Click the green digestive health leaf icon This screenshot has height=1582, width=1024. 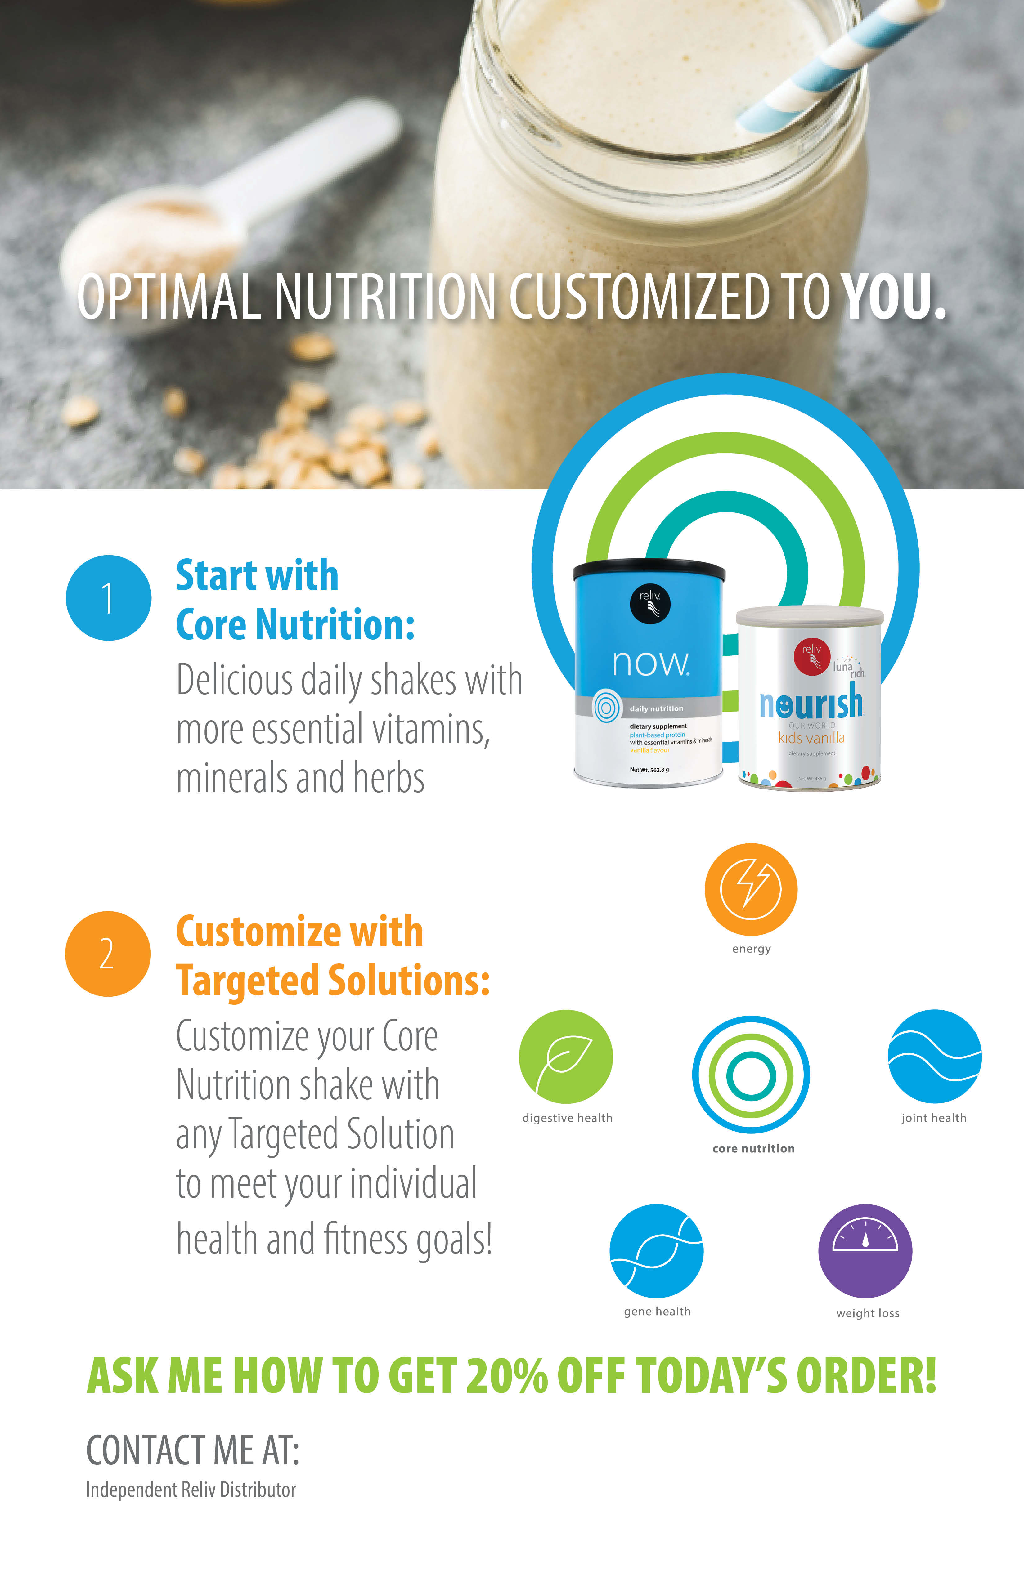pyautogui.click(x=566, y=1057)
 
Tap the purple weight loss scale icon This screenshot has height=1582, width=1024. pyautogui.click(x=865, y=1251)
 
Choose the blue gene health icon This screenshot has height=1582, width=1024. pyautogui.click(x=656, y=1251)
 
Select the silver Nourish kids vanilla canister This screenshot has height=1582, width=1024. pyautogui.click(x=810, y=698)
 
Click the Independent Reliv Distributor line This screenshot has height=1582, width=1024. pyautogui.click(x=191, y=1490)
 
